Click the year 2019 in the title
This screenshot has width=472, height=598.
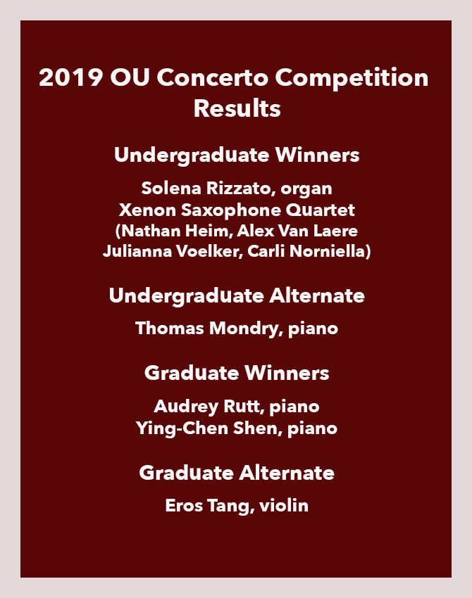[70, 77]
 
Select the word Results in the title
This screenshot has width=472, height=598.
[237, 108]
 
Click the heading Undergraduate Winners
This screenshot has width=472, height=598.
[237, 155]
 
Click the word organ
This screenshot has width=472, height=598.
[306, 189]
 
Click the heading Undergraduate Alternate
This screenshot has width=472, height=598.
[237, 296]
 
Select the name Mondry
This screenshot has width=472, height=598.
[245, 329]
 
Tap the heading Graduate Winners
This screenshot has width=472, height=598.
[237, 373]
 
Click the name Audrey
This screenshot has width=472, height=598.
[186, 407]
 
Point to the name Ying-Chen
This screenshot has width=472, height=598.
[182, 428]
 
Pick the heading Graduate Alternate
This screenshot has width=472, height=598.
[237, 473]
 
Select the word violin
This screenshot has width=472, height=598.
[284, 506]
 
